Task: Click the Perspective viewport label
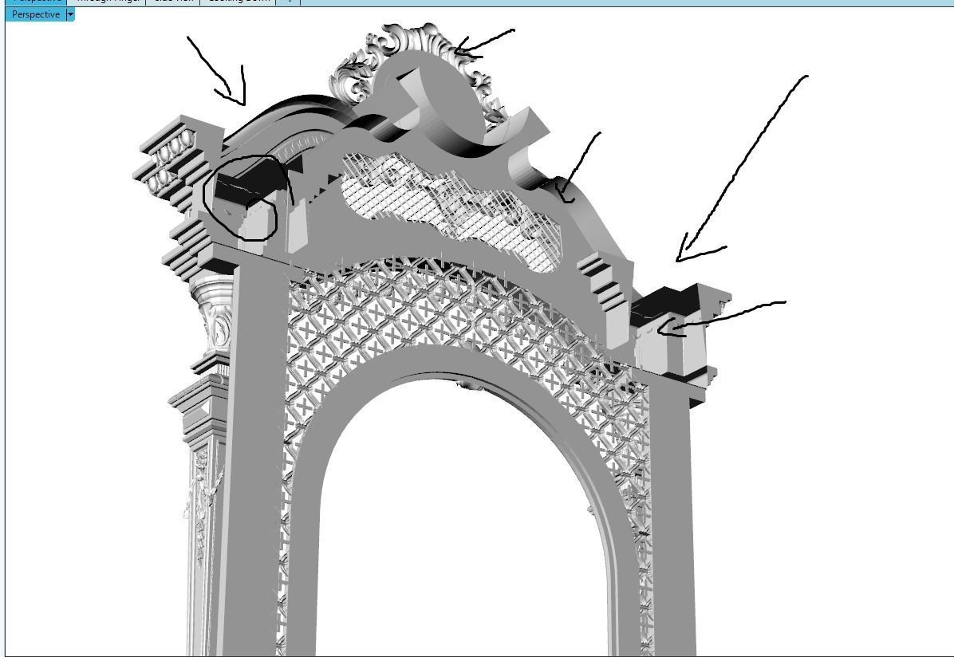(36, 14)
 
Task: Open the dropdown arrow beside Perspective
(70, 14)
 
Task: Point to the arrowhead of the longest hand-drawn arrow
(678, 259)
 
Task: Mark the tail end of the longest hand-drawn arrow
(806, 77)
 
